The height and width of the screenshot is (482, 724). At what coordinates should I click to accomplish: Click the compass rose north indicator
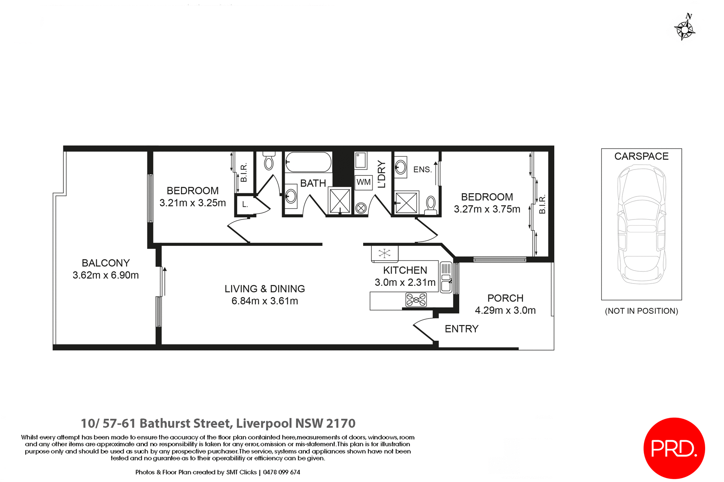click(685, 27)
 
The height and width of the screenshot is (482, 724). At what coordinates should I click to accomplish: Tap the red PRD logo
click(674, 448)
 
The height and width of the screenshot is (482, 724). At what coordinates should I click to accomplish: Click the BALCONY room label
click(106, 263)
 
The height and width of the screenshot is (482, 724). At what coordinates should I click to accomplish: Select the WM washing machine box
click(364, 182)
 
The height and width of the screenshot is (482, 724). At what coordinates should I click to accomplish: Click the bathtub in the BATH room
click(308, 162)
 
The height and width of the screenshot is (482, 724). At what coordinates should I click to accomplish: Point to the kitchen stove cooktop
click(416, 300)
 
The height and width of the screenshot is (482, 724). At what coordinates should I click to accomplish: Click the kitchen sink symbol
click(446, 282)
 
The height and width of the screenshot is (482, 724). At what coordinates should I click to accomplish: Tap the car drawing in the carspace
click(641, 224)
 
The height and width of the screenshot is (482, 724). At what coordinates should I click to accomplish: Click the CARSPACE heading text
click(641, 156)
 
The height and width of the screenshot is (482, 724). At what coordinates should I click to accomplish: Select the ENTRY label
click(461, 329)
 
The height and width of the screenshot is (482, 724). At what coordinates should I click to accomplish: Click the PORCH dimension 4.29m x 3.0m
click(505, 310)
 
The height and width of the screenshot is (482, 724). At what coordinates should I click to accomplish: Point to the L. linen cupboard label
click(245, 204)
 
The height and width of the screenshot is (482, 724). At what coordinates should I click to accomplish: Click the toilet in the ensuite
click(431, 205)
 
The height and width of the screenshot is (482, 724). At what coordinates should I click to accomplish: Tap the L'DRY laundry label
click(382, 174)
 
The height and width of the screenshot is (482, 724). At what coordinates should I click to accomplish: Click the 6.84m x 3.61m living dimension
click(265, 301)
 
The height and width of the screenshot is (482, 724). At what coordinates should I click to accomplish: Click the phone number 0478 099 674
click(281, 472)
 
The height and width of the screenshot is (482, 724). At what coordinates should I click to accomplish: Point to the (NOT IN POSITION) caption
click(641, 311)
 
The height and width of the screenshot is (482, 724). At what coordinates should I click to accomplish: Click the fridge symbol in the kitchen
click(384, 253)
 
